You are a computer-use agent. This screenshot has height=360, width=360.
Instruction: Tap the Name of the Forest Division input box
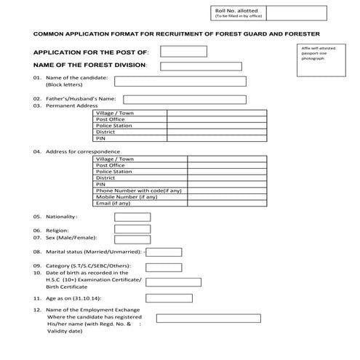(x=200, y=66)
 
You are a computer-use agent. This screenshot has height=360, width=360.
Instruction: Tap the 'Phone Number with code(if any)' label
(x=140, y=191)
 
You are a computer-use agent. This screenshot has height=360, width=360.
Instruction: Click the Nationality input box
(x=132, y=217)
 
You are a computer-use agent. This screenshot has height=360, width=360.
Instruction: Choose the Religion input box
(x=132, y=230)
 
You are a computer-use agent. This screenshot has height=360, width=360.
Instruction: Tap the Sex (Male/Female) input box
(x=132, y=238)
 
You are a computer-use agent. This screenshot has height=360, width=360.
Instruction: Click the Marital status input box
(x=164, y=252)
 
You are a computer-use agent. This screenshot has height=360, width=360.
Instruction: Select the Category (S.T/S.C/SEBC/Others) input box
(x=164, y=266)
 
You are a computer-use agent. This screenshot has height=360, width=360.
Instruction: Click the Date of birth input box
(x=173, y=282)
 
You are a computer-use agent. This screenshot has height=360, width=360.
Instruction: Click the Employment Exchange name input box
(x=208, y=318)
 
